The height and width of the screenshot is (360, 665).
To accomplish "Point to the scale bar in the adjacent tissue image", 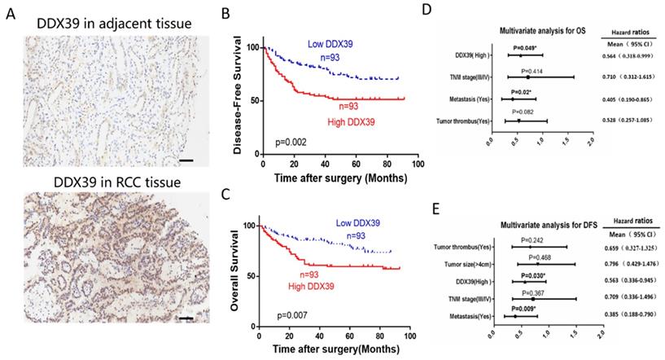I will pyautogui.click(x=186, y=161).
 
